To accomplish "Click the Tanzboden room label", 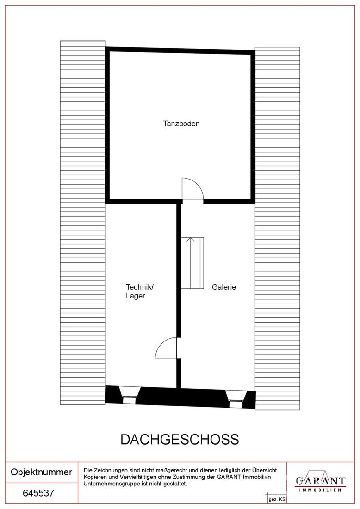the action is [181, 124].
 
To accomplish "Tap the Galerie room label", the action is [223, 287].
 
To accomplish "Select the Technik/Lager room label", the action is [140, 291].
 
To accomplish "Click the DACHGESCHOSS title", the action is [180, 439].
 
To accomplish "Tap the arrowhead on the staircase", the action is [191, 240].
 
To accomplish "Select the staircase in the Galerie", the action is [192, 263].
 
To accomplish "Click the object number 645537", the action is [38, 493].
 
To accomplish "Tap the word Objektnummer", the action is [41, 472].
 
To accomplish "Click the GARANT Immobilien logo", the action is [320, 481].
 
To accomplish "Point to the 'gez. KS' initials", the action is [277, 499].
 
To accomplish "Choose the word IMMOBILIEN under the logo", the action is [320, 490].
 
